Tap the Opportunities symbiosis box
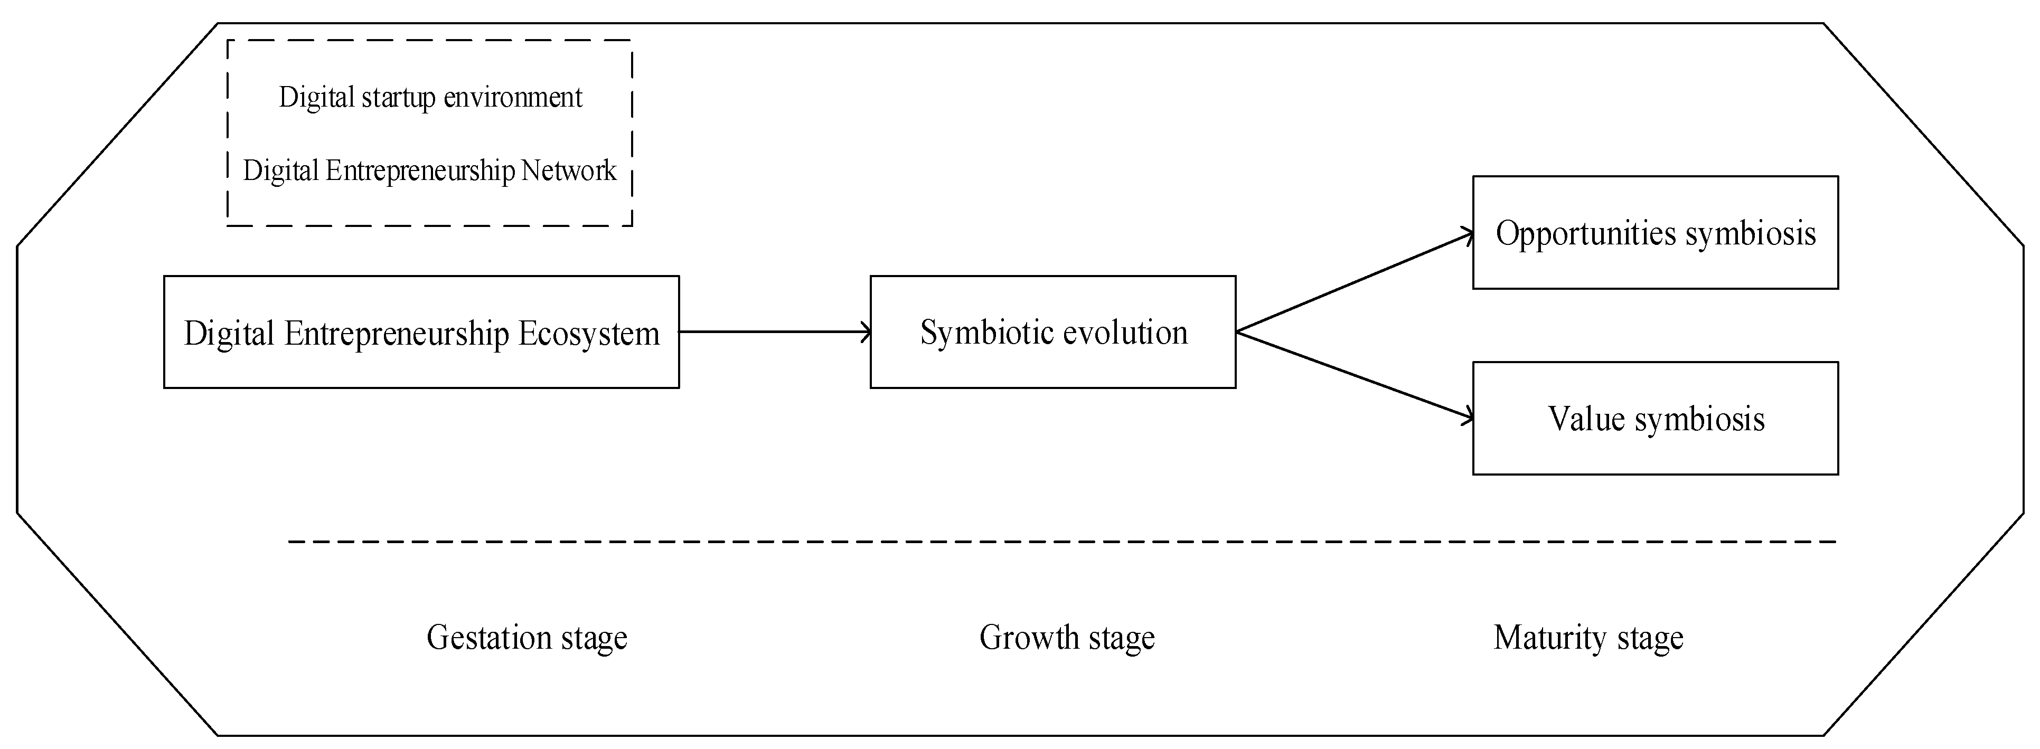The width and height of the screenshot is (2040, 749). coord(1655,233)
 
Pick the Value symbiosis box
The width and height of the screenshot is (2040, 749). coord(1655,419)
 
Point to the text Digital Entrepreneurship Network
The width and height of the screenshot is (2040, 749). coord(429,170)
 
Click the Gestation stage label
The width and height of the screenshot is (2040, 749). coord(527,638)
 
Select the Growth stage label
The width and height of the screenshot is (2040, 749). coord(1067,638)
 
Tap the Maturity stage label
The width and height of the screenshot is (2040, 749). coord(1588,638)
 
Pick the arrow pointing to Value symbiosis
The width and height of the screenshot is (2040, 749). coord(1354,375)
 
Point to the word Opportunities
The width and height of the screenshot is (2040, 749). coord(1586,233)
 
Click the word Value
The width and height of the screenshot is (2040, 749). coord(1586,419)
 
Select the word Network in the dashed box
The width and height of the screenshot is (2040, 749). coord(569,170)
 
